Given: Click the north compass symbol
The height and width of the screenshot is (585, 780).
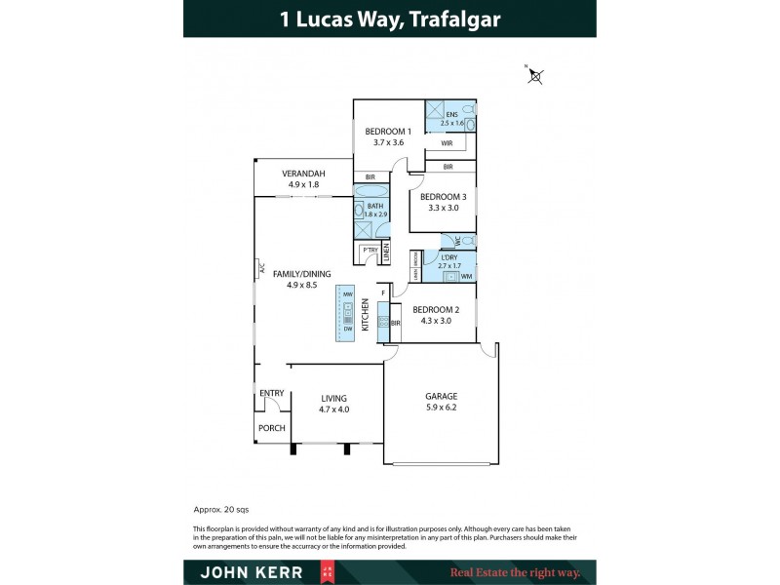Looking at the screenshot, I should (534, 75).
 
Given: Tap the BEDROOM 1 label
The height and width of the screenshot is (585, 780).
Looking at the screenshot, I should (388, 132).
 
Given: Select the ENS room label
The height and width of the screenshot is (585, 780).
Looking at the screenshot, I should (451, 114).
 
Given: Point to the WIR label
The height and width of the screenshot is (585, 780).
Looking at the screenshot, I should (447, 143).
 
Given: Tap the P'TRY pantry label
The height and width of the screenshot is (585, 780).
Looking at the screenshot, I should (370, 251).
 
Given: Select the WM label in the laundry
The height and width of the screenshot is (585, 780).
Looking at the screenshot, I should (466, 277).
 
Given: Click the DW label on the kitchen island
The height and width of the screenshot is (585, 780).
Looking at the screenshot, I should (347, 329).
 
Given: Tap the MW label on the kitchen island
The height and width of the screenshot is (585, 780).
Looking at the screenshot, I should (347, 293).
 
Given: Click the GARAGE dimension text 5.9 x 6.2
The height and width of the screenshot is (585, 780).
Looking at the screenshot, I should (441, 409).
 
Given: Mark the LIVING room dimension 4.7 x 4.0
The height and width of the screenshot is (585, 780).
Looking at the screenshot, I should (334, 409).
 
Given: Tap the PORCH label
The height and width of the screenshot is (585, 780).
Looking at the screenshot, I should (271, 428).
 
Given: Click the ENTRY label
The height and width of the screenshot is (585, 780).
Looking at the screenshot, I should (272, 394).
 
